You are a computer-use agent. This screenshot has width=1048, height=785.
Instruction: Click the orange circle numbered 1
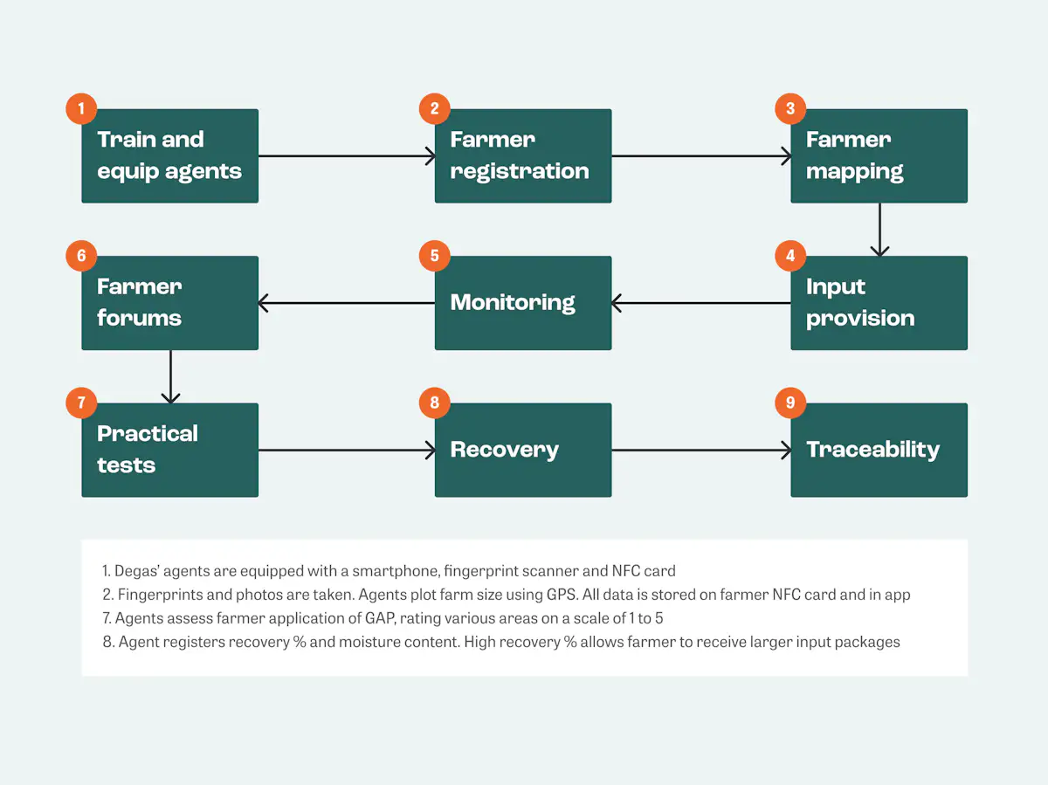coord(81,109)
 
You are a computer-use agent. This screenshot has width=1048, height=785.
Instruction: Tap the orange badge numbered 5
coord(434,256)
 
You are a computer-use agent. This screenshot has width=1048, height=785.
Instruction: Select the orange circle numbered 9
coord(790,403)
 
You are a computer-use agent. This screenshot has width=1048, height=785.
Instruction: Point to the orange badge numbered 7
coord(81,403)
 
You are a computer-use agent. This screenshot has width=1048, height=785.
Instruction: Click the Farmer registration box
coord(522,156)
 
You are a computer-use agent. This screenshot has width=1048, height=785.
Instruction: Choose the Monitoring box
coord(522,303)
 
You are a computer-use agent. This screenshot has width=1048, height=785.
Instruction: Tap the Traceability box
coord(879,451)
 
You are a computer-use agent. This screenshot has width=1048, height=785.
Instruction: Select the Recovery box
coord(522,451)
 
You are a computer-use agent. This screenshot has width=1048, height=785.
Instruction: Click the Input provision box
coord(879,303)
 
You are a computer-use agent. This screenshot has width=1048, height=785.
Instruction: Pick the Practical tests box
coord(169,451)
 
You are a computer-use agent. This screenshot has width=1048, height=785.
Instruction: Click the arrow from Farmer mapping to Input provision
coord(879,230)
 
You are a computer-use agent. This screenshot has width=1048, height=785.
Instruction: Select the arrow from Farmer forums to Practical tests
coord(170,376)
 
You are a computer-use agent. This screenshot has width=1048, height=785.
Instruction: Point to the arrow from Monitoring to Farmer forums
coord(347,303)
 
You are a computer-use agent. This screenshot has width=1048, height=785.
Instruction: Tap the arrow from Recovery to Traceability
coord(700,451)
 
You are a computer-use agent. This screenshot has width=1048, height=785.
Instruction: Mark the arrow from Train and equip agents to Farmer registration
coord(347,156)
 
